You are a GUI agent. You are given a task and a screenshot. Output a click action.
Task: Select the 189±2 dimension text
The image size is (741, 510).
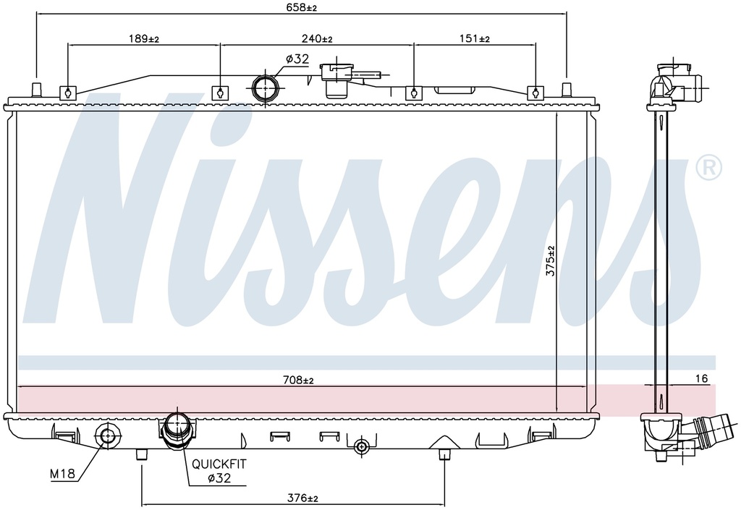(144, 39)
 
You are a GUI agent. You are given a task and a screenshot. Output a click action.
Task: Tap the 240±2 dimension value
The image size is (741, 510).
(317, 39)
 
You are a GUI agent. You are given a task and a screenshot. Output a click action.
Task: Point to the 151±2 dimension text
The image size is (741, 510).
(475, 39)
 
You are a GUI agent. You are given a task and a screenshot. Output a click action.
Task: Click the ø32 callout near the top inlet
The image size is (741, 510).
(297, 59)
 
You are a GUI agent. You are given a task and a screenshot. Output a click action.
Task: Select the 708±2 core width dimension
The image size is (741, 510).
(298, 380)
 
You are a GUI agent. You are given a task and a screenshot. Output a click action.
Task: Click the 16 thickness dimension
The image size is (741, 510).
(702, 378)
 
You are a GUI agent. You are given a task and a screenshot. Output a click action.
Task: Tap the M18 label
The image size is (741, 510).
(62, 474)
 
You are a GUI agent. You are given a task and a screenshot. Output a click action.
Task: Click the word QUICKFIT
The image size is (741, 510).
(219, 464)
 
